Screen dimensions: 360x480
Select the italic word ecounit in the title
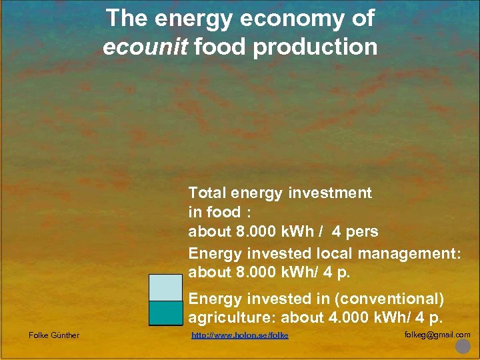point(140,47)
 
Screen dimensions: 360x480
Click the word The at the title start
point(128,19)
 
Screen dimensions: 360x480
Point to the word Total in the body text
point(207,193)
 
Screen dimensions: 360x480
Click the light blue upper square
point(165,287)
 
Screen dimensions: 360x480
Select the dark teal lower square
point(165,313)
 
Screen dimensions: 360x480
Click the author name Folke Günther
point(54,335)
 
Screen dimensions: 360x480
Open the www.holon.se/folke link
point(240,335)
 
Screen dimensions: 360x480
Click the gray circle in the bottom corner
point(462,347)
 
